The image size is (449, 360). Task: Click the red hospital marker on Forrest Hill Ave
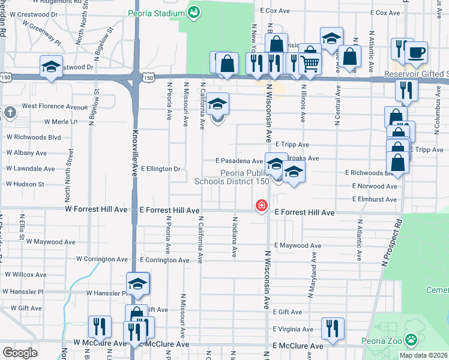[x=262, y=206]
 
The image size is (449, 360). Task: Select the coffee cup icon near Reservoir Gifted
[x=415, y=52]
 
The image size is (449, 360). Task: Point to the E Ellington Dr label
[x=160, y=169]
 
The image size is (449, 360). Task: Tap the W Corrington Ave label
[x=102, y=260]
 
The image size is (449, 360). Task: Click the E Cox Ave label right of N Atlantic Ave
[x=385, y=12]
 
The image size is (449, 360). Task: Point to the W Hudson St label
[x=25, y=184]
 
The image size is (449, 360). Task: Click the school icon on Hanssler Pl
[x=137, y=284]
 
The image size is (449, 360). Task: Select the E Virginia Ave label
[x=293, y=329]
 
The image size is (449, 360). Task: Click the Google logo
[x=20, y=353]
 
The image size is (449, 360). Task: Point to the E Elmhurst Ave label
[x=375, y=199]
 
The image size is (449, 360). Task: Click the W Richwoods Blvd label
[x=34, y=137]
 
